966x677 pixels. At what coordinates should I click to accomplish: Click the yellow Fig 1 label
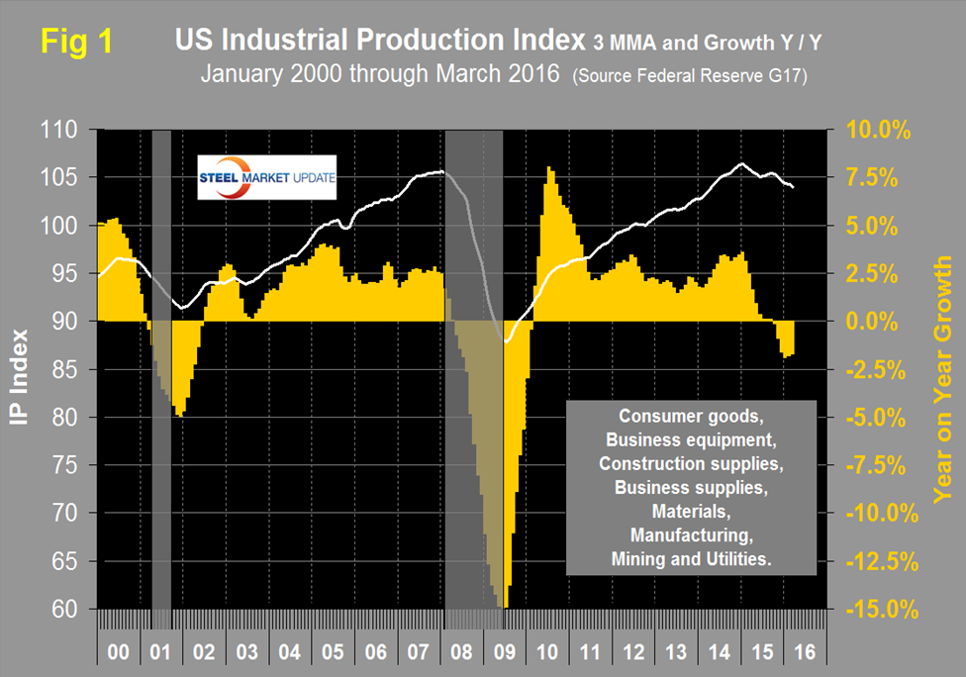(75, 42)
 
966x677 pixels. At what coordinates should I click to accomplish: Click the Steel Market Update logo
(266, 177)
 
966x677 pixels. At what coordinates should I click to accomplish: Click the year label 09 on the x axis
(503, 654)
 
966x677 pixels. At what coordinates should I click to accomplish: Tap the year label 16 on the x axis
(808, 654)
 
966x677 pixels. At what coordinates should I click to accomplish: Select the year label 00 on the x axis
(118, 654)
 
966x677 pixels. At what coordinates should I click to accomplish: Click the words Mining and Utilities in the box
(690, 559)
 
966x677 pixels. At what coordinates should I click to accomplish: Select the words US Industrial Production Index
(379, 41)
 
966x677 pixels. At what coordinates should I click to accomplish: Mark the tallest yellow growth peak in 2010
(549, 170)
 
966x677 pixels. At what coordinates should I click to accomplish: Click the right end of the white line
(794, 187)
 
